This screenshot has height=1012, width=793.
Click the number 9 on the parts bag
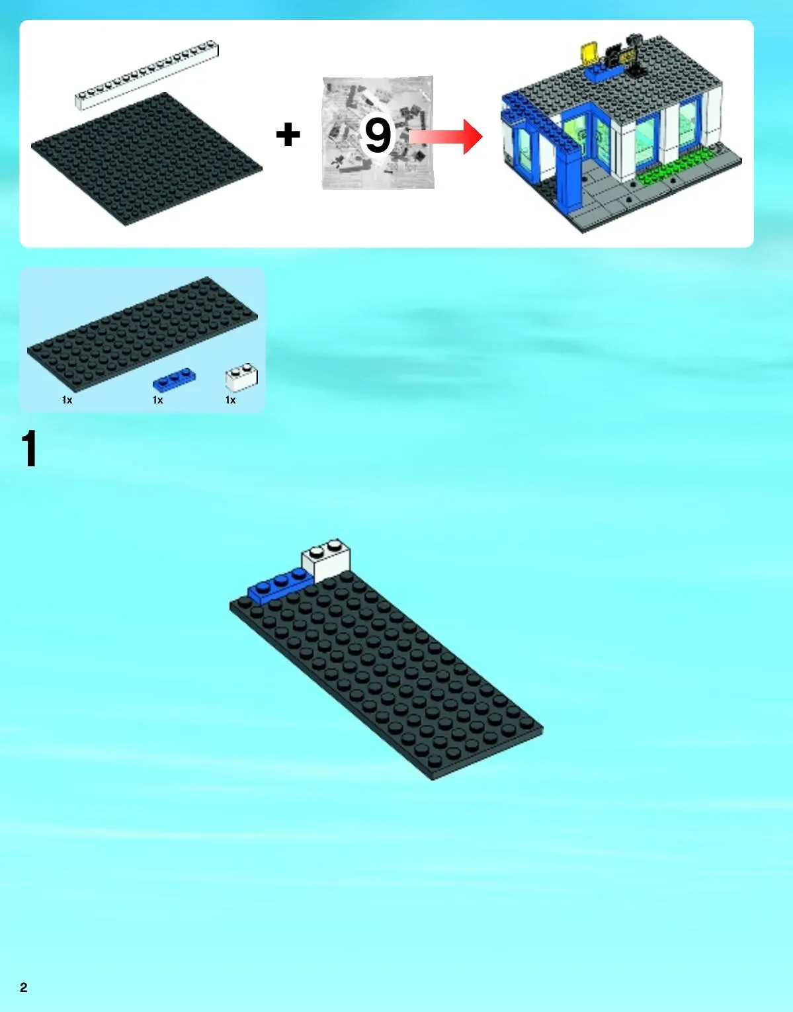pyautogui.click(x=378, y=135)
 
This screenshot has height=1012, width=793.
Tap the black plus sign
pyautogui.click(x=288, y=134)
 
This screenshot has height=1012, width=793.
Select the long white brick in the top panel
pyautogui.click(x=147, y=75)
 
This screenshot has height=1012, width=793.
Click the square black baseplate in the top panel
pyautogui.click(x=146, y=159)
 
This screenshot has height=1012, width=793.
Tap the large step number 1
pyautogui.click(x=29, y=448)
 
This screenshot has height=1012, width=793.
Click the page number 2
pyautogui.click(x=24, y=988)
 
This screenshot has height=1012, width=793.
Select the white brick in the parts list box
pyautogui.click(x=241, y=377)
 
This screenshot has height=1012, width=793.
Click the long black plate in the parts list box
pyautogui.click(x=142, y=334)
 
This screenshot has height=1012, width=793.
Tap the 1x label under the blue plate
pyautogui.click(x=158, y=400)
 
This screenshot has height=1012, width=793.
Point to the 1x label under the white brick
pyautogui.click(x=231, y=400)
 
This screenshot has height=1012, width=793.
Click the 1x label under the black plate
pyautogui.click(x=67, y=400)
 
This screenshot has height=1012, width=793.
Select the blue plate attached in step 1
pyautogui.click(x=279, y=587)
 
